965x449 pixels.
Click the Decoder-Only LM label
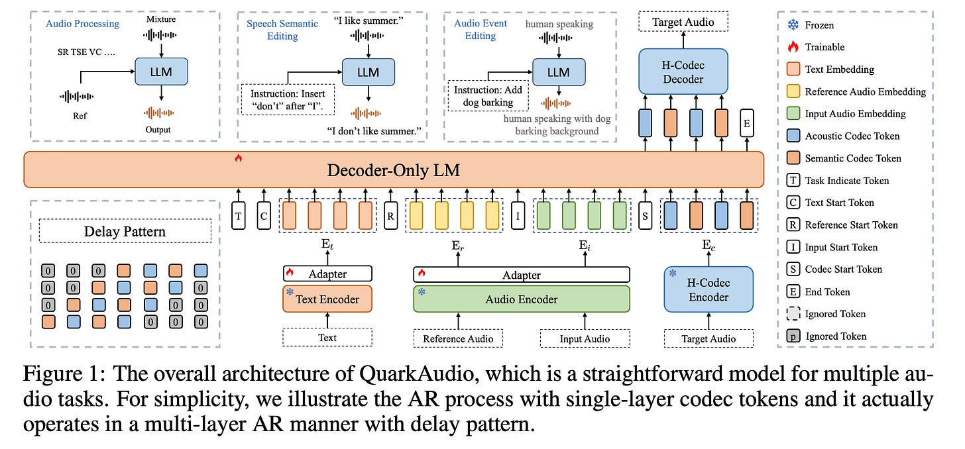(x=393, y=170)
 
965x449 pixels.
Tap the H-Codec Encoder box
(x=709, y=289)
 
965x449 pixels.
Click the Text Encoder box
(x=327, y=299)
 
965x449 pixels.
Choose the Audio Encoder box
(x=521, y=299)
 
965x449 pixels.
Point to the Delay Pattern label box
(x=125, y=232)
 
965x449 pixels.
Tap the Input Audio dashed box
(x=584, y=338)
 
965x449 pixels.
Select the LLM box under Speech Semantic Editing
(x=369, y=72)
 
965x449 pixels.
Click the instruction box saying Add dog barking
(x=488, y=95)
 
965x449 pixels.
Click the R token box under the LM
(x=391, y=216)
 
